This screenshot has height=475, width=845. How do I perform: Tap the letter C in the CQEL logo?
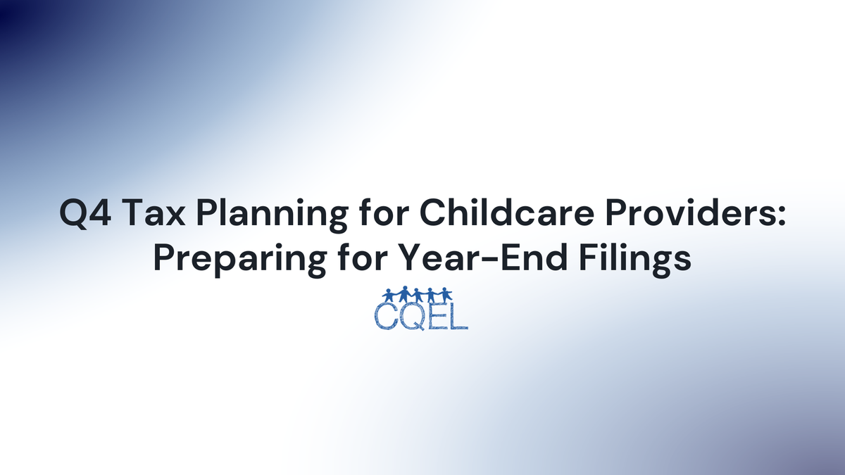click(388, 317)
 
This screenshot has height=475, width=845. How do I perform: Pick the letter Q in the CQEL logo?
click(413, 317)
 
